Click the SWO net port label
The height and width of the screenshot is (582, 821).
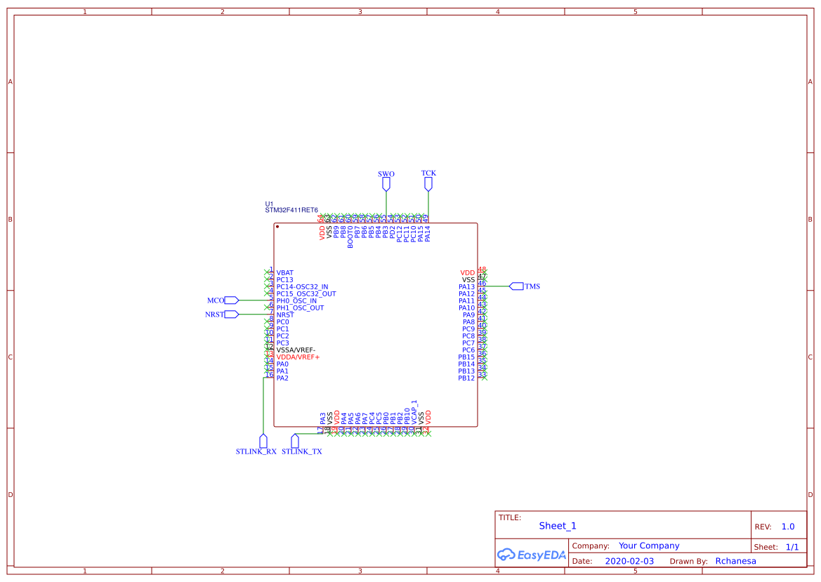click(x=386, y=173)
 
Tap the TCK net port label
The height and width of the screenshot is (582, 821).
click(x=428, y=173)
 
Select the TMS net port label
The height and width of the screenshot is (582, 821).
click(x=532, y=286)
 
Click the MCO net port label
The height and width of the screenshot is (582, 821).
click(x=216, y=300)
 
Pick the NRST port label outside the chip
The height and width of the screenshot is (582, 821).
click(x=214, y=315)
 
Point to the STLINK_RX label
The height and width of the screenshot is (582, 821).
click(x=256, y=452)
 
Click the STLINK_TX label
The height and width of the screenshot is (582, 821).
click(x=302, y=452)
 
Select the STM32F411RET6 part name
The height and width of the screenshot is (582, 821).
click(x=291, y=210)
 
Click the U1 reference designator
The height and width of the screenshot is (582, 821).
click(x=269, y=204)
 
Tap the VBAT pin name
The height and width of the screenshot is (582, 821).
click(x=285, y=272)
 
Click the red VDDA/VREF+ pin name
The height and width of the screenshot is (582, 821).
click(x=298, y=357)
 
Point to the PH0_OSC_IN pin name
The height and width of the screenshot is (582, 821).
click(x=296, y=300)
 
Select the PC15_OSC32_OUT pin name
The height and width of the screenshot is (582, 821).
click(x=306, y=293)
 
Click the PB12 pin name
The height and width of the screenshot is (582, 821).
click(x=466, y=378)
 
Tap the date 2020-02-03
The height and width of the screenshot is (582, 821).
click(x=629, y=561)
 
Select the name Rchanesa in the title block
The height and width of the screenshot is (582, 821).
click(x=735, y=561)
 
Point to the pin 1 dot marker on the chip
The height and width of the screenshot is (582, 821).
click(x=278, y=227)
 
